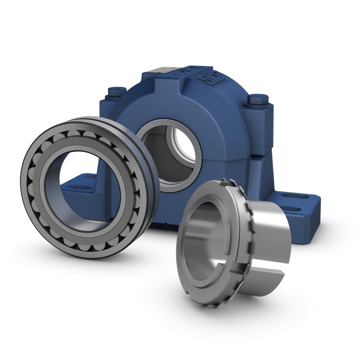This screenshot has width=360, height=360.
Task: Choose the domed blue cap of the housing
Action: click(x=180, y=93)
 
